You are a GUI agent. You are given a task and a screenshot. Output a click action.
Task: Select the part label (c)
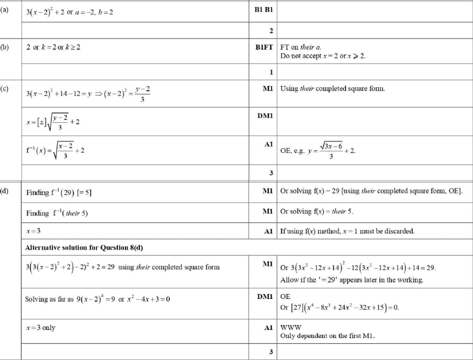[x=4, y=89]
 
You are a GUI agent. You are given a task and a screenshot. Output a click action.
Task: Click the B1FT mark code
[x=264, y=47]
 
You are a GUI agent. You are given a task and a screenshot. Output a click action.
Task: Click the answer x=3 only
[x=40, y=328]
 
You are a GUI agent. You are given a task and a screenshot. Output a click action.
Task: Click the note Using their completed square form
[x=332, y=89]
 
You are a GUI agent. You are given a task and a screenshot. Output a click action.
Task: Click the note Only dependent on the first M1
[x=327, y=336]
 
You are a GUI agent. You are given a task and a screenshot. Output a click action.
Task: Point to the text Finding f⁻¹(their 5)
[x=57, y=213]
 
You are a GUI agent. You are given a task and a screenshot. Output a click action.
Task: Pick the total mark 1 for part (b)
[x=271, y=72]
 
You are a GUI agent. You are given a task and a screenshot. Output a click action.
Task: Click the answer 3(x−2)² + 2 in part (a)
[x=45, y=12]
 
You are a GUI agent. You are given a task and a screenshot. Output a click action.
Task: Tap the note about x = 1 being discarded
[x=347, y=231]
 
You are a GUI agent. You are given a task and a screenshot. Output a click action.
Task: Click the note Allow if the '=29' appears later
[x=352, y=280]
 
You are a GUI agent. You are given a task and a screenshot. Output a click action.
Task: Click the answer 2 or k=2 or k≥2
[x=53, y=47]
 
